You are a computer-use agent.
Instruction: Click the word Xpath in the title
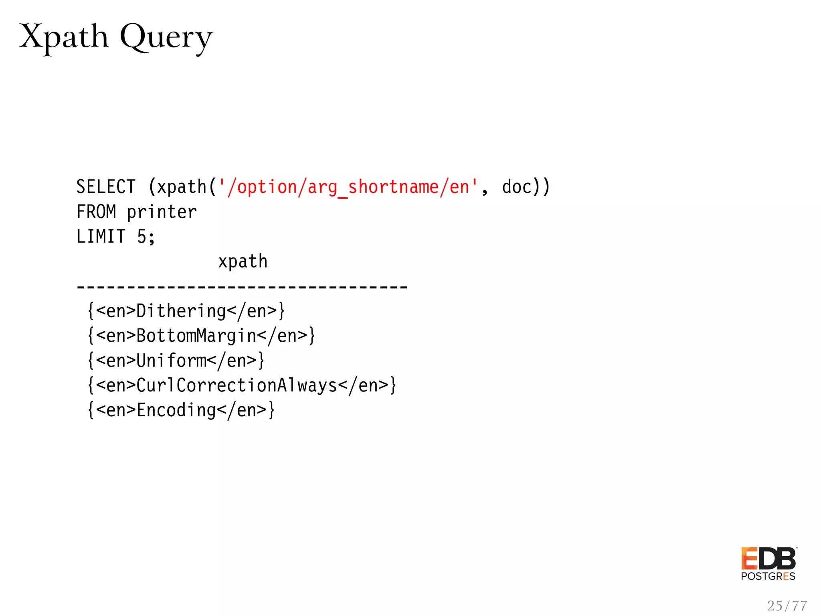(x=64, y=37)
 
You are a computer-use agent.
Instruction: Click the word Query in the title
(x=166, y=38)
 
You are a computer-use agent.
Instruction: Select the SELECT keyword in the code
(x=106, y=187)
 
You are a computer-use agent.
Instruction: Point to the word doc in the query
(x=517, y=187)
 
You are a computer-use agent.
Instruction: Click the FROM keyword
(x=96, y=212)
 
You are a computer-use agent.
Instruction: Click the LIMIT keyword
(x=101, y=237)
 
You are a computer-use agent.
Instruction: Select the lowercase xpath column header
(x=243, y=262)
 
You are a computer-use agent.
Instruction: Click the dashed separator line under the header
(x=242, y=287)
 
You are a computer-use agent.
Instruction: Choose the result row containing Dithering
(x=186, y=311)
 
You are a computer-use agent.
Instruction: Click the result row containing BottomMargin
(x=201, y=336)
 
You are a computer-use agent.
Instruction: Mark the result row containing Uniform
(x=176, y=361)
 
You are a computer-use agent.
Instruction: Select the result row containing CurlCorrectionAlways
(x=242, y=385)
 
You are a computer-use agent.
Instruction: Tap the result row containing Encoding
(x=181, y=410)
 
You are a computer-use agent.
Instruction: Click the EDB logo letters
(x=768, y=559)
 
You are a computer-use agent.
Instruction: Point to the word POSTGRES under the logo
(x=768, y=577)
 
